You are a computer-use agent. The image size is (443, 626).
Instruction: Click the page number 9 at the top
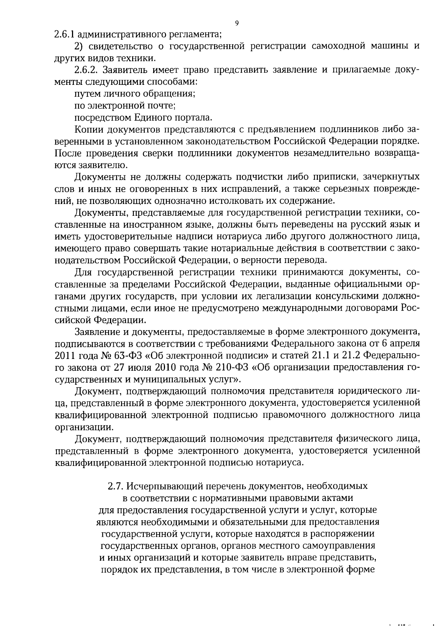pyautogui.click(x=237, y=23)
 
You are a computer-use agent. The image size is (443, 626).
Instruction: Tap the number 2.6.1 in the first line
pyautogui.click(x=65, y=35)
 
